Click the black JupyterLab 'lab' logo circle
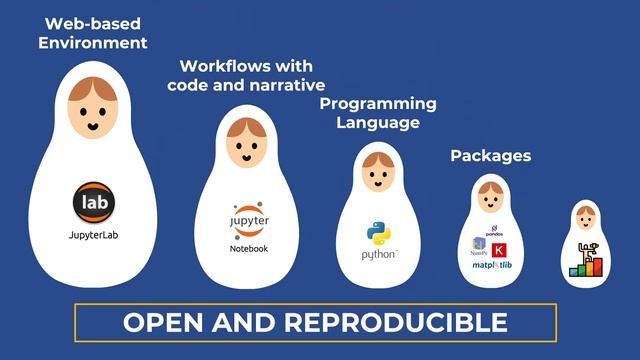click(93, 202)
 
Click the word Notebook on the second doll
click(249, 247)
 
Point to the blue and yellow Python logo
click(378, 234)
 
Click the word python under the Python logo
click(379, 256)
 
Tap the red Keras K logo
click(500, 249)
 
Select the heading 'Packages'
click(490, 155)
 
